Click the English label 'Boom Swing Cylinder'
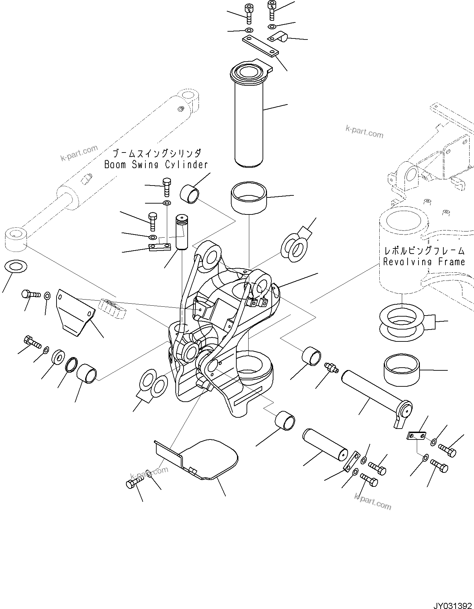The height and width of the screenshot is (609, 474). click(x=156, y=165)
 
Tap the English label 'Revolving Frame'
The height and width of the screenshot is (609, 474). click(x=424, y=261)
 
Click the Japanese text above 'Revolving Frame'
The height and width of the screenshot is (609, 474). click(x=424, y=251)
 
